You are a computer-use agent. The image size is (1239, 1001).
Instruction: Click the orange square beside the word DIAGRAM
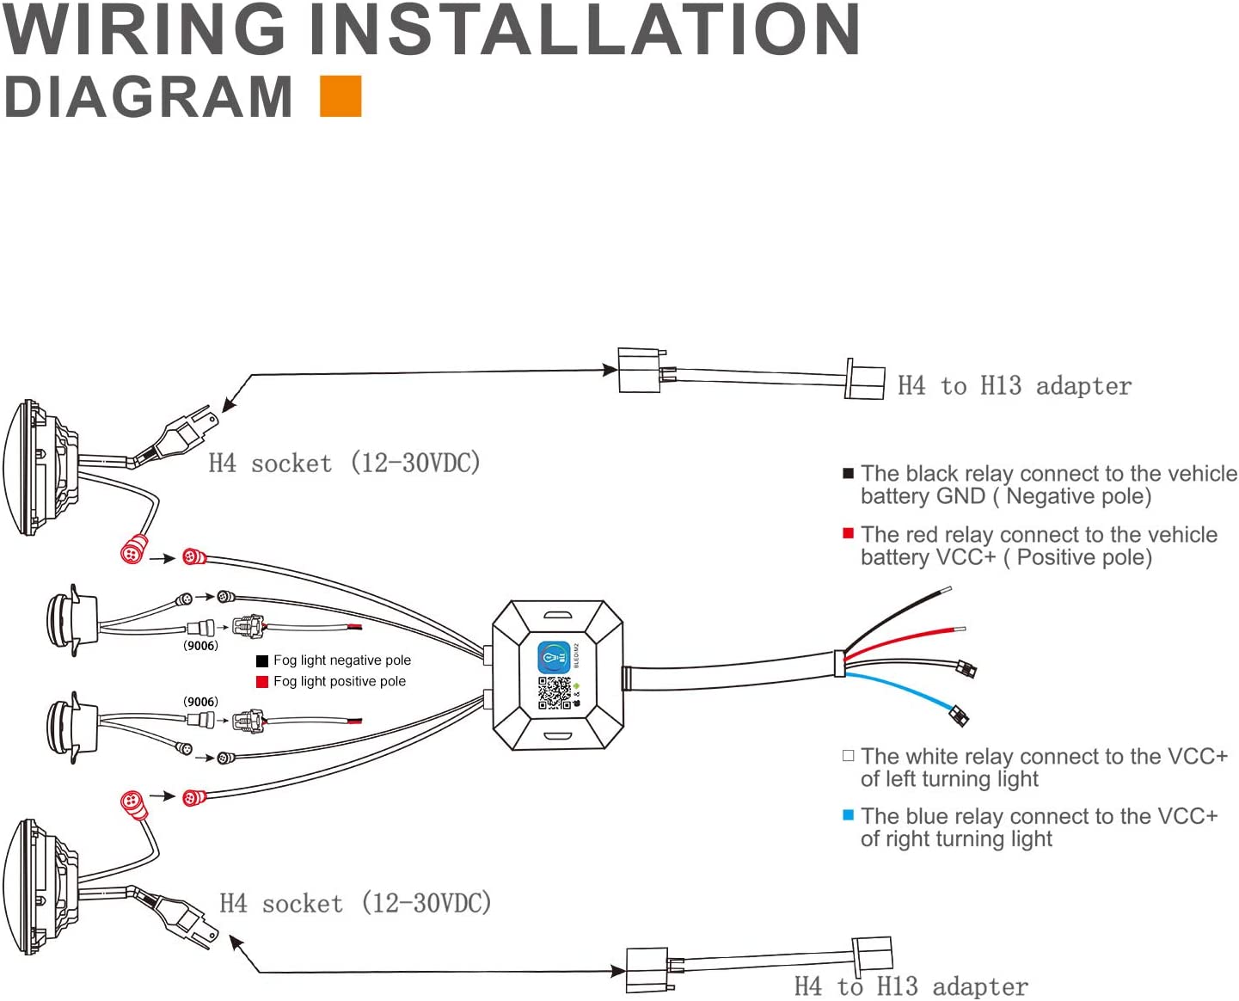click(340, 95)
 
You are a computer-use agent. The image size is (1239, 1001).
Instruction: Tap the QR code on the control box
click(555, 693)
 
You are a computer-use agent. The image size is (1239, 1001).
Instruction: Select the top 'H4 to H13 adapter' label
click(1015, 386)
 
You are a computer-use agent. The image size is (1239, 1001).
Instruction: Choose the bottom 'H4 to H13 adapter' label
click(911, 986)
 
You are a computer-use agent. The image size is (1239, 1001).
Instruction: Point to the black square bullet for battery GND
click(849, 473)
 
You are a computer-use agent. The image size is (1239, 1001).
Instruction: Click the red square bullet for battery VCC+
click(849, 534)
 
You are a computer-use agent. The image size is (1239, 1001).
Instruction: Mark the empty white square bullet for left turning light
click(849, 756)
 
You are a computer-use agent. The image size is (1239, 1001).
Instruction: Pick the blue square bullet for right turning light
click(849, 815)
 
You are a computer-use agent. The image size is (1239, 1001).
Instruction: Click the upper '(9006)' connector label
click(200, 646)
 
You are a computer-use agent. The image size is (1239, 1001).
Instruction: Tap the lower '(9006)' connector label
click(200, 702)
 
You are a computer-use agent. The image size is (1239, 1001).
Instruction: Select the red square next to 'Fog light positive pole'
click(262, 682)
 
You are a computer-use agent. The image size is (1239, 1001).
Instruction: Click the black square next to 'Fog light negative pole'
click(262, 661)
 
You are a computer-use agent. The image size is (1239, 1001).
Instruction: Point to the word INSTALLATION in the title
click(585, 29)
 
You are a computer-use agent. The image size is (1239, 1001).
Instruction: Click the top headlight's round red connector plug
click(133, 550)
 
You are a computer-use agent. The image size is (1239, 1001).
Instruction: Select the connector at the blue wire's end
click(959, 715)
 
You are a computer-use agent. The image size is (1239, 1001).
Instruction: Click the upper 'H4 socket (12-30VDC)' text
click(344, 463)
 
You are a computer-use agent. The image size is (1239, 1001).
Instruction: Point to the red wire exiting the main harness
click(903, 641)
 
